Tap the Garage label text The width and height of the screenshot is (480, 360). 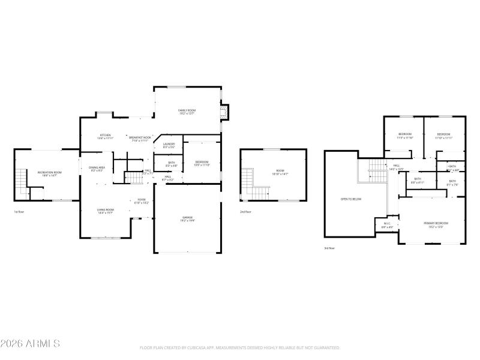[187, 218]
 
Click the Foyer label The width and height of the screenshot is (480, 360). [142, 201]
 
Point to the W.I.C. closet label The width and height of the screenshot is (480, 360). [387, 224]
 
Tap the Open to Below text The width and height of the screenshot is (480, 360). [351, 199]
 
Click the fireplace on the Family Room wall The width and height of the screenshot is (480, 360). [224, 113]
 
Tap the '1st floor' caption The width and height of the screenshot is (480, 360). [20, 212]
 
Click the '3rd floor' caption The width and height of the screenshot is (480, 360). [329, 248]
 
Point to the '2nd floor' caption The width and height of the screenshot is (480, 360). [245, 212]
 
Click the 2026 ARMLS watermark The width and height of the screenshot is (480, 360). [30, 344]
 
